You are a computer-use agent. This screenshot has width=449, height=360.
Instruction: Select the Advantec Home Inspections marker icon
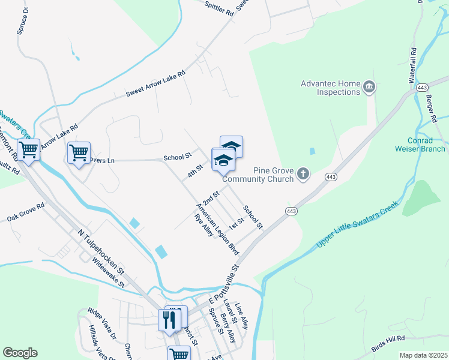click(370, 88)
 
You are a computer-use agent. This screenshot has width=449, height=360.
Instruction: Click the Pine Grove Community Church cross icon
click(304, 174)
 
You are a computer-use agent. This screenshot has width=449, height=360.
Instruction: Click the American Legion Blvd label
click(217, 229)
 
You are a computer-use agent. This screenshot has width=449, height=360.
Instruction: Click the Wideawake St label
click(109, 272)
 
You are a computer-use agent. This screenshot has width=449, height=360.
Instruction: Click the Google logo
click(20, 353)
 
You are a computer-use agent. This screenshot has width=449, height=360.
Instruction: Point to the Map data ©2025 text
click(423, 355)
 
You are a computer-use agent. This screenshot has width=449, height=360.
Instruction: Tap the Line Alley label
click(244, 316)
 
